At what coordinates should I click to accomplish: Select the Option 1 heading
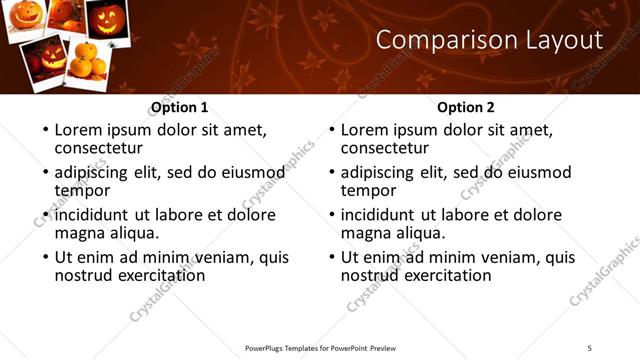(x=180, y=107)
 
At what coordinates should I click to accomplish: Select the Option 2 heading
(x=466, y=107)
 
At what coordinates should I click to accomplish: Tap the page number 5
(x=590, y=347)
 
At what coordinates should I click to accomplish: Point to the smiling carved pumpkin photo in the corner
(x=25, y=18)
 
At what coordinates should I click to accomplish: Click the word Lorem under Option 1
(x=78, y=130)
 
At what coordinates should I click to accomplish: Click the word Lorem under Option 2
(x=364, y=130)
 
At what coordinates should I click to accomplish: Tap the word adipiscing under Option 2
(x=380, y=172)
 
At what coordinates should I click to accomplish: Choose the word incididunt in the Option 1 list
(x=93, y=215)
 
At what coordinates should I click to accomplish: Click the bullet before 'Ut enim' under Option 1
(x=44, y=258)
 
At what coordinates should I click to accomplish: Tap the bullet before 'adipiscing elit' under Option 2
(x=330, y=173)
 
